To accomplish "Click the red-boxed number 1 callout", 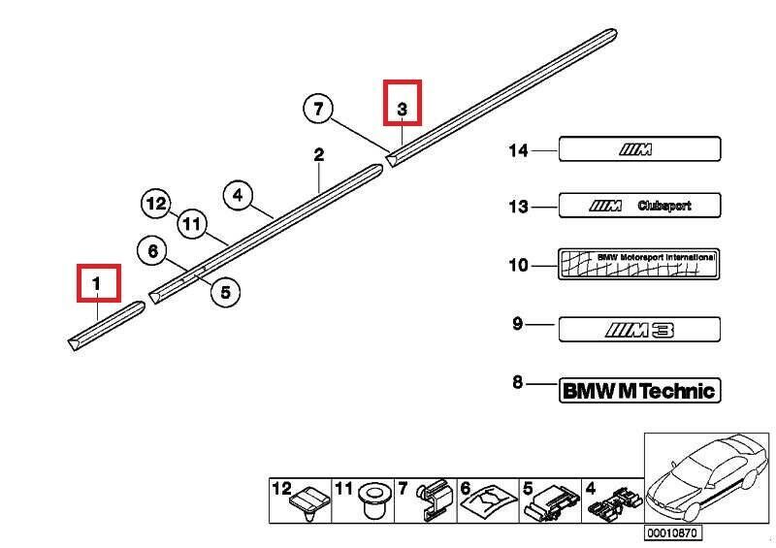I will point(98,283).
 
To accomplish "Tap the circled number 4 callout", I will point(239,194).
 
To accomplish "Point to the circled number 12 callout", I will point(155,204).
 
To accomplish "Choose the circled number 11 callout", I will point(191,226).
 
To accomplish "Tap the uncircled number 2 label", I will point(318,155).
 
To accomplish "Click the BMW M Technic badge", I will point(639,391).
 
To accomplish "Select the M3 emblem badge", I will point(639,330).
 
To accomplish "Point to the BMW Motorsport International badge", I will point(639,264).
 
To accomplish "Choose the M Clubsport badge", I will point(639,206).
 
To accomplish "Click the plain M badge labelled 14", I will point(639,149).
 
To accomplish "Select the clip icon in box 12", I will point(308,501).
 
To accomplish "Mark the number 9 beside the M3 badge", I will point(517,324).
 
